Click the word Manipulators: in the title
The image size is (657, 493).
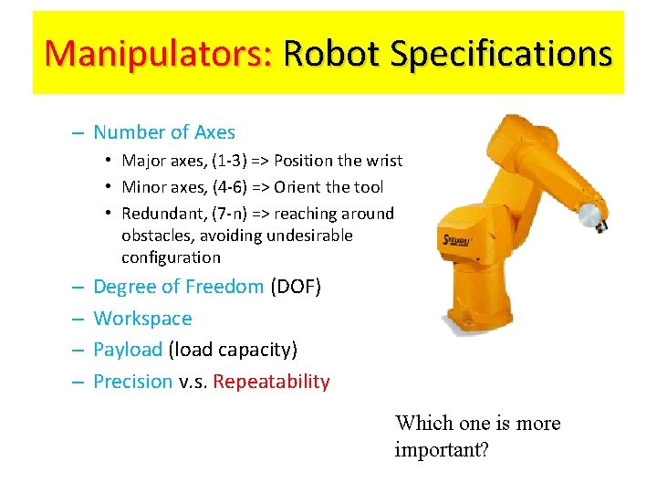coord(158,54)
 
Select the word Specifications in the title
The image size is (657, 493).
coord(500,54)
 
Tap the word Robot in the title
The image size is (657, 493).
coord(331,54)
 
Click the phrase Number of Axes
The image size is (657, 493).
coord(164,132)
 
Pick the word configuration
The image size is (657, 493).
coord(171,257)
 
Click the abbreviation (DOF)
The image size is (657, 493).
coord(296,287)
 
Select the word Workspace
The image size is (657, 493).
coord(142,319)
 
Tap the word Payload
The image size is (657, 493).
coord(128,350)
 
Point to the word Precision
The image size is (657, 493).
coord(133,382)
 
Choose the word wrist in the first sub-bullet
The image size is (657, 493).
coord(382,161)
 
